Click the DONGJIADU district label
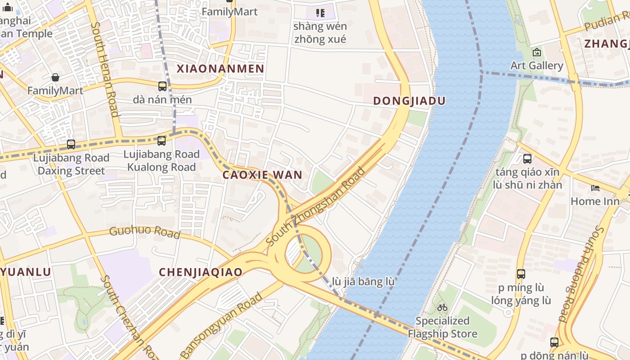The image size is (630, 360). coord(409,101)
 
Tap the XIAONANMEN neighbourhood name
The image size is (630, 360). coord(220,69)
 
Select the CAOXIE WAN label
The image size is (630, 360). coord(262,175)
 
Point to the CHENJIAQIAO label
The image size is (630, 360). coord(201,272)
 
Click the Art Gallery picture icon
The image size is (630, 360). coord(536,53)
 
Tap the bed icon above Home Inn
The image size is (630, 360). coord(595,188)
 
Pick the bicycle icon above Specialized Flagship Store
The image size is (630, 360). coord(442,308)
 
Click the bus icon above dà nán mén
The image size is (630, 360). coord(162,86)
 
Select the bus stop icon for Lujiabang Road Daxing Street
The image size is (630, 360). coord(71,144)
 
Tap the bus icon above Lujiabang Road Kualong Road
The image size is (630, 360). coord(162,141)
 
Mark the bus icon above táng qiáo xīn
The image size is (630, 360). coord(527,159)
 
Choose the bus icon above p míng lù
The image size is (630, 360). coord(521,274)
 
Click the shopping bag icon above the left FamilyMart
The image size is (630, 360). coord(55,77)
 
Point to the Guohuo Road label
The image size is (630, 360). coord(144,232)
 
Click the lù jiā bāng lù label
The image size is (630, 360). coord(363,282)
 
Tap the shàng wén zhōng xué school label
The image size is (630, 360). coord(319,33)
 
